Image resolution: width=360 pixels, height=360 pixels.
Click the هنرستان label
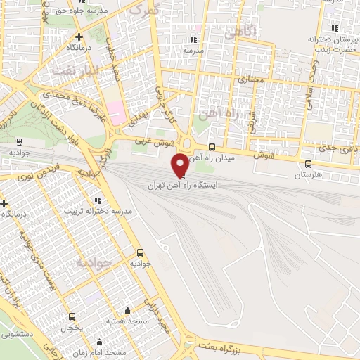click(x=309, y=174)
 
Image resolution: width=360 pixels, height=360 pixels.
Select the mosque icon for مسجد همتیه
click(x=127, y=311)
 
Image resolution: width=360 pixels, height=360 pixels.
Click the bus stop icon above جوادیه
click(x=140, y=252)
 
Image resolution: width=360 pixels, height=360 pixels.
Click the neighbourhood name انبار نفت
click(x=72, y=70)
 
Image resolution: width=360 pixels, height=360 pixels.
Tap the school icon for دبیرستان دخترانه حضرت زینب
click(x=335, y=28)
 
